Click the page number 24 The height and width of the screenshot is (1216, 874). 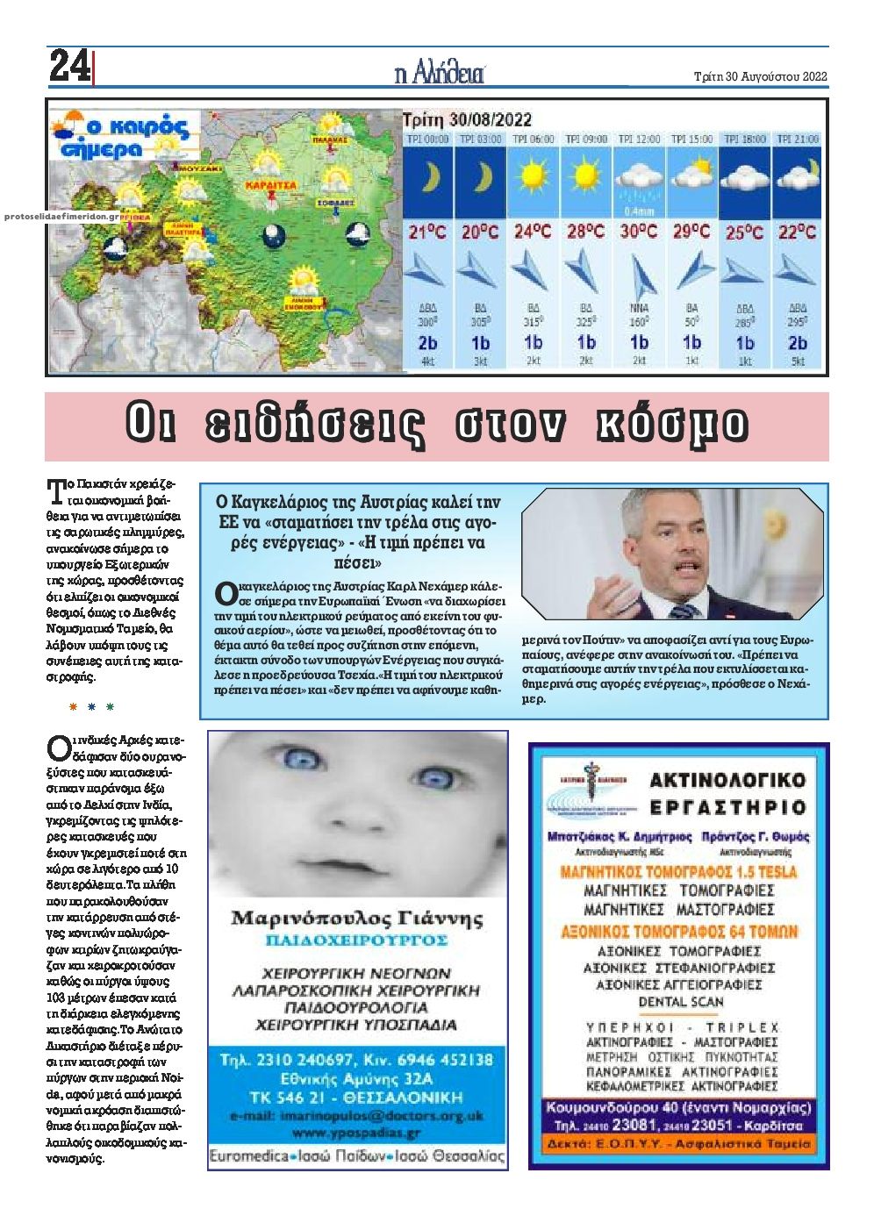point(69,67)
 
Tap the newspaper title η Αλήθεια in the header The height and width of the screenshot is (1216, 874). point(439,74)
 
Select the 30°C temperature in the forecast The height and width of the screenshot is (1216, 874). point(639,232)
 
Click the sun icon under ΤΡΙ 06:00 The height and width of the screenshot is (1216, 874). point(533,176)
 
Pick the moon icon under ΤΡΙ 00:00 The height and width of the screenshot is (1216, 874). point(427,178)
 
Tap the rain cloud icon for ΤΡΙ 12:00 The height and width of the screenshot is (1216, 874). point(639,180)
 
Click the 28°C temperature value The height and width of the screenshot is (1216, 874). point(585,232)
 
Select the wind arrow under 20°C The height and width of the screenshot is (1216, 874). point(479,271)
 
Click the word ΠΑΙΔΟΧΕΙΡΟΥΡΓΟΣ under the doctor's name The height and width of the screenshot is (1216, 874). point(357,941)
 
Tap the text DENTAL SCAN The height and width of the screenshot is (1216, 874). point(680,1001)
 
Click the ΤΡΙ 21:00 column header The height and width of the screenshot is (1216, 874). point(798,139)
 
